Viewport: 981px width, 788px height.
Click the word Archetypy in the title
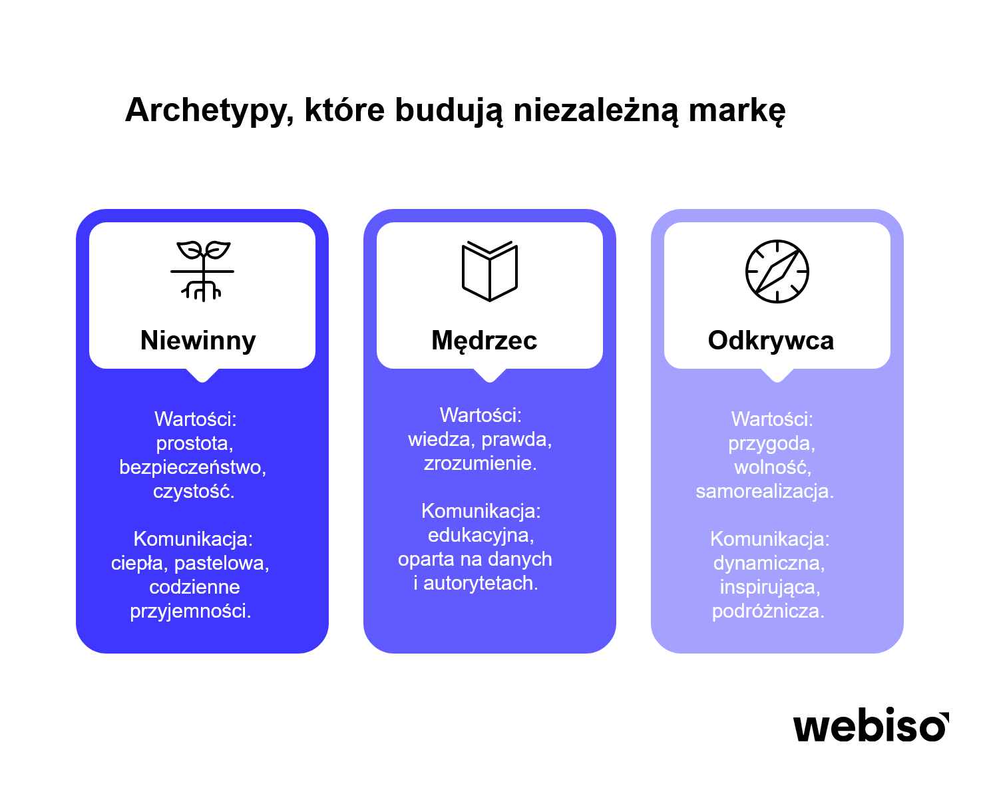[x=209, y=110]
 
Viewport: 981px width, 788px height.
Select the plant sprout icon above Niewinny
[x=202, y=271]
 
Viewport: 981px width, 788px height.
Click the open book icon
[x=490, y=271]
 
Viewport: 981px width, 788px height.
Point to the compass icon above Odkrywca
[x=777, y=271]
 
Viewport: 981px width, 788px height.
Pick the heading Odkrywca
[x=771, y=340]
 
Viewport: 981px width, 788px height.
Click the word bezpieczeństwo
[x=193, y=467]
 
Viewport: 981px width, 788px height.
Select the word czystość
[x=194, y=491]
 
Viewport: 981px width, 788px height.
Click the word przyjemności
[x=190, y=611]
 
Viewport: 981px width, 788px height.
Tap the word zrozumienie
[x=481, y=463]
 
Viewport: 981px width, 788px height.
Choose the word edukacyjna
[x=481, y=535]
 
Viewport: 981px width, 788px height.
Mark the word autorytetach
[x=481, y=583]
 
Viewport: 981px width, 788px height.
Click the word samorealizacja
[x=765, y=491]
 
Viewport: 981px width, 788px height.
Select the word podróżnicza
[x=768, y=611]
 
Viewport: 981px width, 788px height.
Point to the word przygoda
[x=772, y=444]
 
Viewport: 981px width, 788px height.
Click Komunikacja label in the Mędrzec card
[x=481, y=510]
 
